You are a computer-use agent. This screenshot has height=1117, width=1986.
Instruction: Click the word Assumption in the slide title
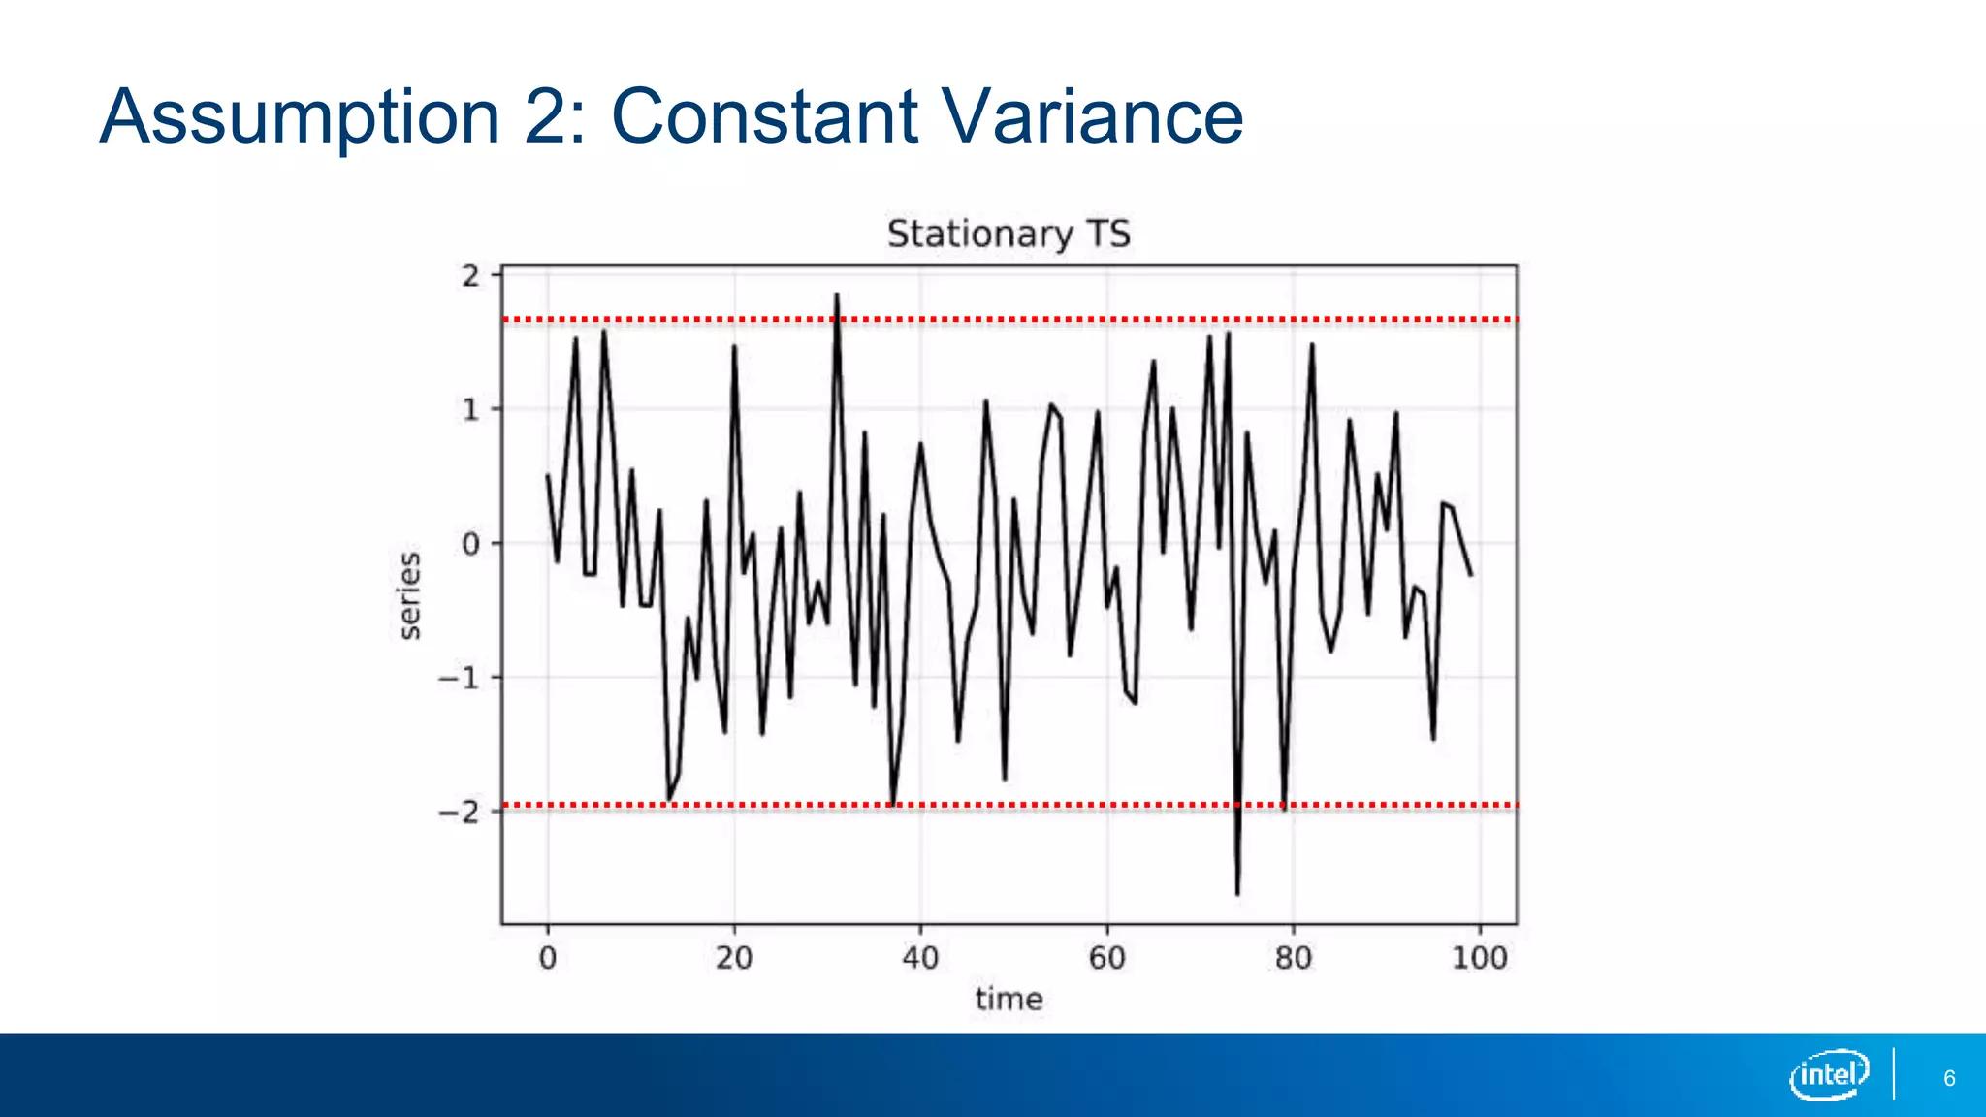tap(300, 118)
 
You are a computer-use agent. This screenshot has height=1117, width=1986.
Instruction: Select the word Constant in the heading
tap(763, 116)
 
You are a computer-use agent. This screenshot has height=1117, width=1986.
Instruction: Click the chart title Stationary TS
tap(1009, 235)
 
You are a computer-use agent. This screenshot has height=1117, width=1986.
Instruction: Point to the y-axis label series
tap(410, 595)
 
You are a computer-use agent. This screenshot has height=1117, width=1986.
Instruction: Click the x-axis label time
tap(1009, 999)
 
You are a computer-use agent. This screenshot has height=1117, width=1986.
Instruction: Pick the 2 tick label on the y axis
tap(470, 276)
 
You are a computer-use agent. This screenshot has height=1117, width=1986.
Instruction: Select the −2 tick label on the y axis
tap(459, 812)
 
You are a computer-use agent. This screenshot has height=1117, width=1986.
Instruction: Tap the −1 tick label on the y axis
tap(459, 678)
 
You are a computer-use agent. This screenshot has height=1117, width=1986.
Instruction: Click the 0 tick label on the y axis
tap(470, 544)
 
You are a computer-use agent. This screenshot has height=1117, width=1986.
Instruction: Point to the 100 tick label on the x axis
tap(1479, 959)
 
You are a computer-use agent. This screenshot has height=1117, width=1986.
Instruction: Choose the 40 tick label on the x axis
tap(920, 959)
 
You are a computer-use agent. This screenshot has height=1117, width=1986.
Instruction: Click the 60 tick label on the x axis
tap(1106, 959)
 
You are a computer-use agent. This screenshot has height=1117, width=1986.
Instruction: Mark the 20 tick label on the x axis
tap(734, 959)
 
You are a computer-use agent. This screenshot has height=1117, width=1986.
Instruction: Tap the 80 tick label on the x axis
tap(1293, 959)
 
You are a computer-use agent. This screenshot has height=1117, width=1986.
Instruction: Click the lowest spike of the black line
tap(1237, 892)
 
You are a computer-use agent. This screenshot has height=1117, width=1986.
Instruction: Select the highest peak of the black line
tap(836, 295)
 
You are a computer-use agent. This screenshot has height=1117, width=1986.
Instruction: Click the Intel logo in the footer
tap(1829, 1074)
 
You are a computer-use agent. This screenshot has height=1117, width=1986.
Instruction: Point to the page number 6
tap(1949, 1078)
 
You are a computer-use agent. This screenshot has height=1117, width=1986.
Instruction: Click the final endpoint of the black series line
tap(1471, 576)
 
